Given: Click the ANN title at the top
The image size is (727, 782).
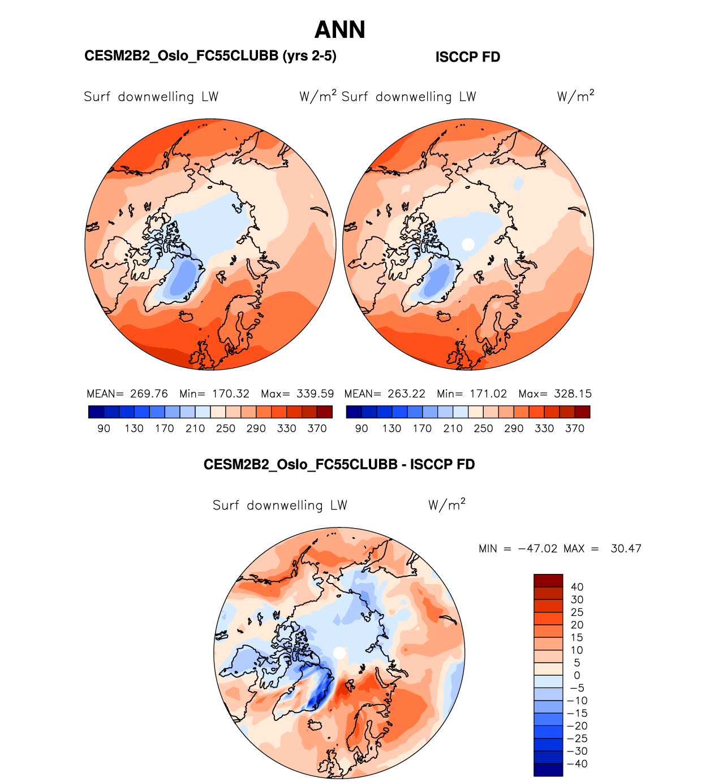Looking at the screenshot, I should pos(339,30).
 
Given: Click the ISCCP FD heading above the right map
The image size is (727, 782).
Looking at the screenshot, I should pos(467,57).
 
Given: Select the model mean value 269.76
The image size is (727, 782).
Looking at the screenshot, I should pos(149,394).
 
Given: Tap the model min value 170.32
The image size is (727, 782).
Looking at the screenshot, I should pos(230,394).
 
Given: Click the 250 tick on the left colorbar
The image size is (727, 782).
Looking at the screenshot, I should pos(225,429).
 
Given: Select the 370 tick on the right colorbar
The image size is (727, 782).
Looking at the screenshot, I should pos(574,429).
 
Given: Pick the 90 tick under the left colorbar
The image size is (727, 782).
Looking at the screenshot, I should pos(104,429).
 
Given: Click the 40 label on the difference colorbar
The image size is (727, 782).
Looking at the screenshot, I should pos(577,587).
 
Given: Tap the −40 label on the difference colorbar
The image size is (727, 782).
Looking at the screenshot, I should pos(577,763).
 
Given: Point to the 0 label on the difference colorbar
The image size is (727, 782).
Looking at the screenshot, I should pos(577,675).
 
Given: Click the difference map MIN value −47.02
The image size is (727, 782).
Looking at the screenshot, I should pos(537,548).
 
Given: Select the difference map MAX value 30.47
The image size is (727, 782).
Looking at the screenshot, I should pos(626,548).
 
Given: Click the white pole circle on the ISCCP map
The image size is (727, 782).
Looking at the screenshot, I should pos(468,244).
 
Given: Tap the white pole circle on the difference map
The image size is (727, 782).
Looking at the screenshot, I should pos(339,653).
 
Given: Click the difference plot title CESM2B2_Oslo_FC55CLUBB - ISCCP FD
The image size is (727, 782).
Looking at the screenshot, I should pos(339,465).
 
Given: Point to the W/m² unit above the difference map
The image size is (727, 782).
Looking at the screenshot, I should pos(446,504).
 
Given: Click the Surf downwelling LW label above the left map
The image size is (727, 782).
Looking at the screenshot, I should pos(151,97).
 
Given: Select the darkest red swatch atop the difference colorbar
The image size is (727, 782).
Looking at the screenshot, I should pos(548,580).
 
